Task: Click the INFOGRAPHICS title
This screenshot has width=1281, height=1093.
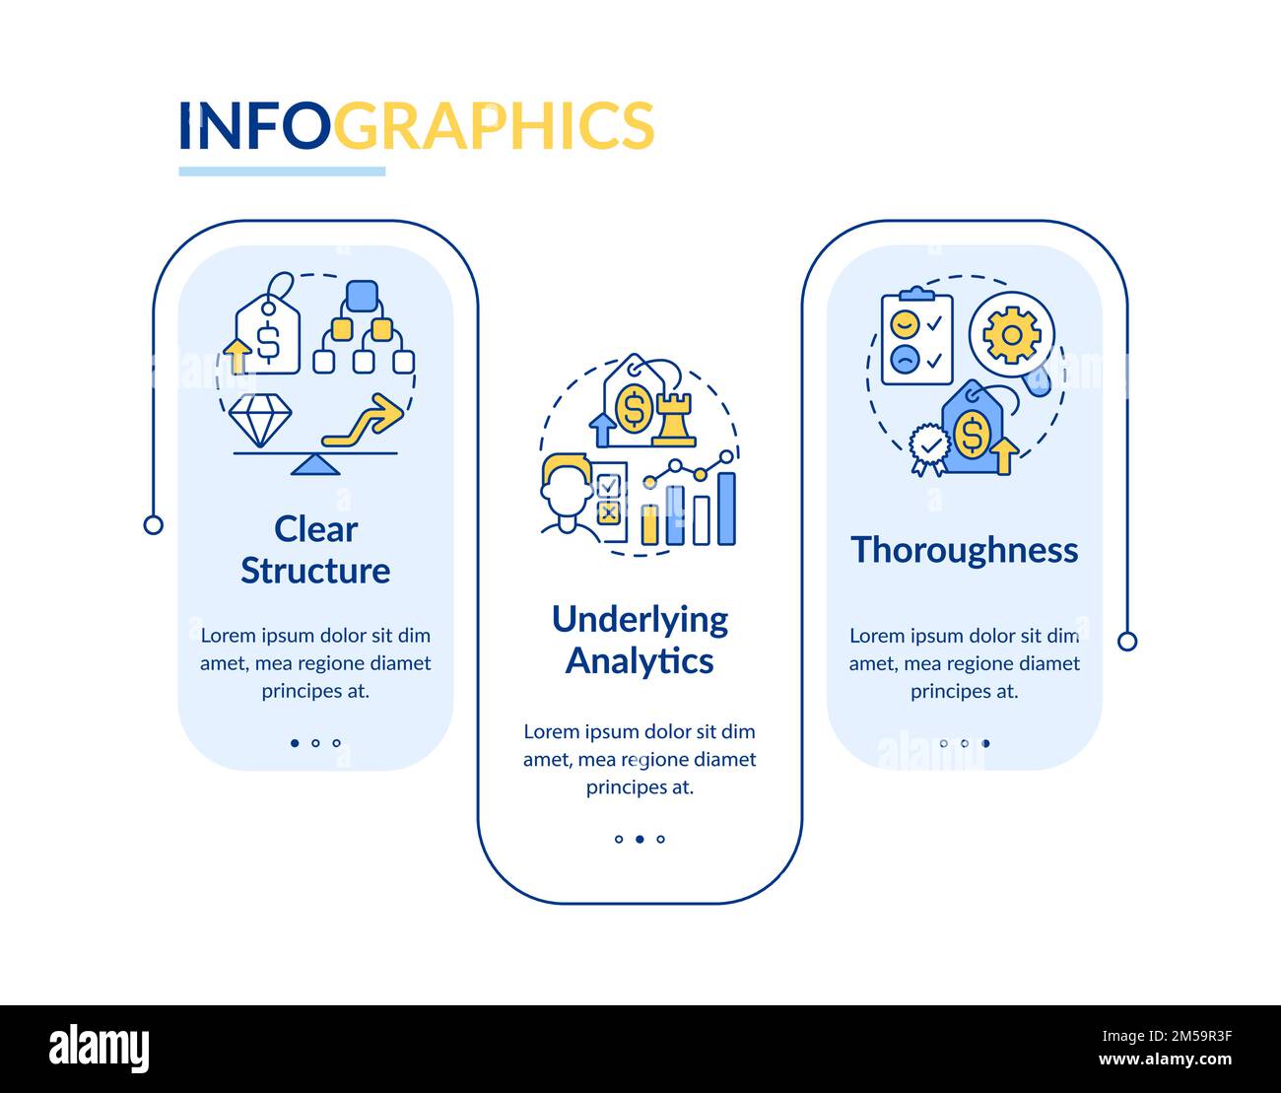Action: tap(416, 125)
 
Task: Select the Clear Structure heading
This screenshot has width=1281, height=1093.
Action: tap(315, 549)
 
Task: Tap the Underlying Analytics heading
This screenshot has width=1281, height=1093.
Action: tap(640, 639)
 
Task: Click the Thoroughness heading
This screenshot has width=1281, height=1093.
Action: tap(964, 549)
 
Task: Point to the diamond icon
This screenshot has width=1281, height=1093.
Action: tap(260, 421)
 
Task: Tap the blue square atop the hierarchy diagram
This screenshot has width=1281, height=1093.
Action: tap(363, 295)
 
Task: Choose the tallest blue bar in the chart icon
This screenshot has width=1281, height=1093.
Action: tap(726, 509)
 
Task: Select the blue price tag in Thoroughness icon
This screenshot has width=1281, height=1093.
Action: tap(972, 432)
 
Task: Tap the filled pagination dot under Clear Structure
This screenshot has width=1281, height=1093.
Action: tap(295, 743)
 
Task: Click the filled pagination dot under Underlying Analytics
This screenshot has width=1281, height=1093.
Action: tap(640, 840)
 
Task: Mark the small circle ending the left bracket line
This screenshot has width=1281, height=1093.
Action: tap(153, 524)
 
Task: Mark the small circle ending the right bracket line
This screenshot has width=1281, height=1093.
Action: tap(1127, 642)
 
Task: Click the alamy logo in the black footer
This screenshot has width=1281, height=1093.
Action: tap(100, 1049)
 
